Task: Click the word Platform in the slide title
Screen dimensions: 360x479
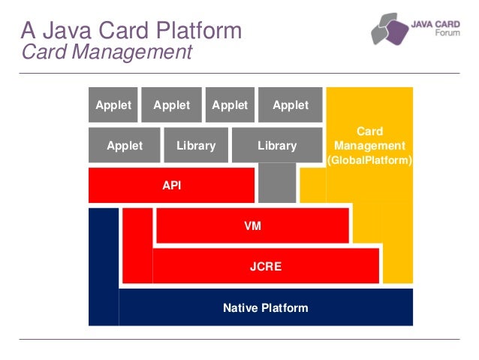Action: [x=203, y=31]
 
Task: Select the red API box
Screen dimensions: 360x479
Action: [x=172, y=186]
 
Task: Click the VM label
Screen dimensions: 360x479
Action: [x=252, y=225]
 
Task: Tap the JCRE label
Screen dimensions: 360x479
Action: [x=266, y=265]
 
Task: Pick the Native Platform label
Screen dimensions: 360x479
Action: [x=266, y=308]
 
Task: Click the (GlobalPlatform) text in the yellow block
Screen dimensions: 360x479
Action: [x=370, y=160]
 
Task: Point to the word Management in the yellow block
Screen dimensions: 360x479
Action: [x=370, y=146]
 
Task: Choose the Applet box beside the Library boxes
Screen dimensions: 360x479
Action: [x=125, y=146]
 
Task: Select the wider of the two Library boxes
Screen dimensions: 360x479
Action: [x=277, y=146]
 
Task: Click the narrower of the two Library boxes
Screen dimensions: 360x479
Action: [x=196, y=146]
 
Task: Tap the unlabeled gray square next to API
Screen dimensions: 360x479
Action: [x=276, y=185]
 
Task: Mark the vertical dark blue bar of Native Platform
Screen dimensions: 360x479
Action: [x=104, y=267]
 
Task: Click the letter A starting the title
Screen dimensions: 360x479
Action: [x=28, y=31]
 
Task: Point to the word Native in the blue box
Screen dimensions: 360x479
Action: [x=239, y=308]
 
